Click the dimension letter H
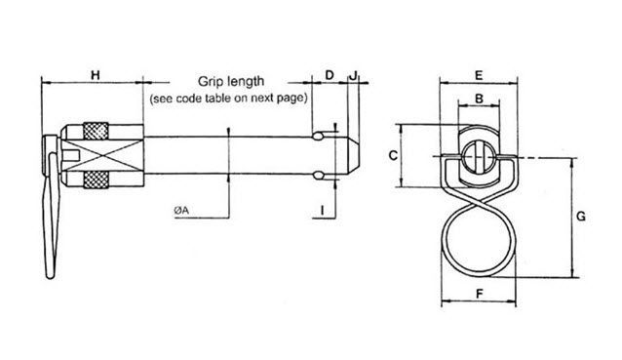[95, 75]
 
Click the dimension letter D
[329, 75]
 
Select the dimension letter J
[354, 75]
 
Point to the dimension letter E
[479, 75]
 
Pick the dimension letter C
[392, 155]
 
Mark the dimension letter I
[322, 209]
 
